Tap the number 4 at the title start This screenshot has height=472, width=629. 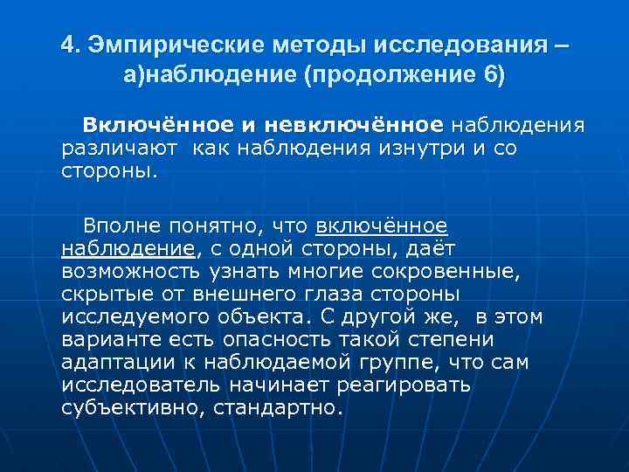[68, 44]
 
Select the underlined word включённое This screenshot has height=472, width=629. [381, 227]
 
